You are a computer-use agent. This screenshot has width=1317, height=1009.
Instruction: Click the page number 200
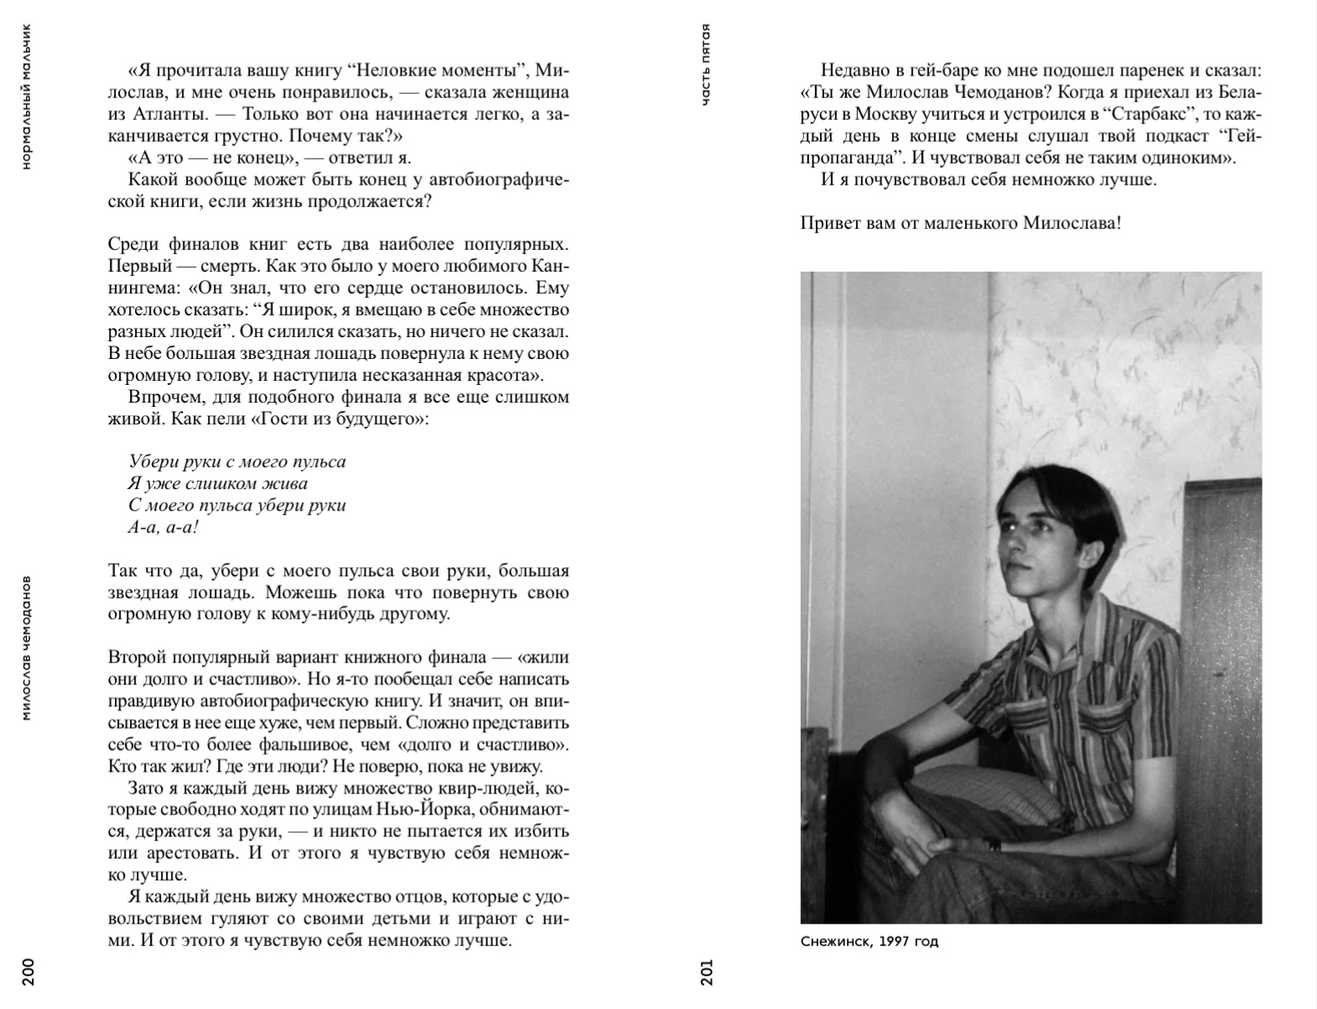[x=27, y=970]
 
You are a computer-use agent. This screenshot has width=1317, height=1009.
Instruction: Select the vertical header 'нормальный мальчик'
[x=27, y=96]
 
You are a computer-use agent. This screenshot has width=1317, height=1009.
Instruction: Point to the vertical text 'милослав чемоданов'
[x=27, y=648]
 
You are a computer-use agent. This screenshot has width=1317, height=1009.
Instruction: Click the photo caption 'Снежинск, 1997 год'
[x=869, y=941]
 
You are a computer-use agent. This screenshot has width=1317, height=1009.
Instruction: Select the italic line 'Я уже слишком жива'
[x=218, y=483]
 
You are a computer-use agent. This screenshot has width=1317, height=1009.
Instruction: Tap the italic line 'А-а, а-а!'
[x=163, y=527]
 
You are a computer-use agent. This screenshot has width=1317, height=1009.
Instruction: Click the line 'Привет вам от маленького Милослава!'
[x=961, y=223]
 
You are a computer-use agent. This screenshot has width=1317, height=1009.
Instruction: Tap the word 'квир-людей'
[x=487, y=788]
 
